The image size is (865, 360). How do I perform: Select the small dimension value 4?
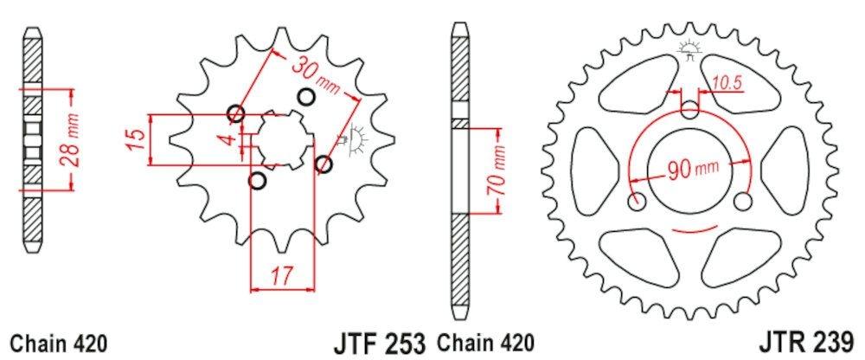(226, 139)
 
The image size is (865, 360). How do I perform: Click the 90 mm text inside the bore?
(690, 169)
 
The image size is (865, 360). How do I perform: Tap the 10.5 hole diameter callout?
(727, 83)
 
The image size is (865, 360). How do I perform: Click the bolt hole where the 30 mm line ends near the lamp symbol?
(324, 164)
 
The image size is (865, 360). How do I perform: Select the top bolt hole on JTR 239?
(689, 110)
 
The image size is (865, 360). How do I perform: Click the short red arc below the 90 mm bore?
(689, 231)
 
